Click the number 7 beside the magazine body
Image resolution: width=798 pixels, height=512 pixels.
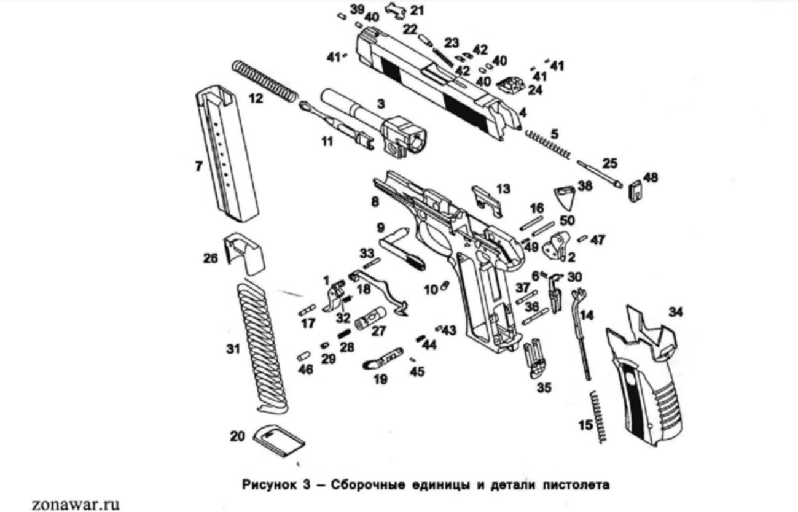click(198, 166)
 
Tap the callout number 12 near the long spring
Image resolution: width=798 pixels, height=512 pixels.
click(256, 98)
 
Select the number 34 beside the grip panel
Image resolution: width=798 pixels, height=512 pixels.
click(675, 312)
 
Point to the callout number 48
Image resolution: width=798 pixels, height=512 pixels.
click(650, 177)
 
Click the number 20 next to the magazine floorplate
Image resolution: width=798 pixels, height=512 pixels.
click(237, 436)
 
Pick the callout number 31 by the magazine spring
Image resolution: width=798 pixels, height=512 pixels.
click(232, 349)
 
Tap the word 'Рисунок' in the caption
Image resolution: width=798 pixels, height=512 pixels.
click(262, 484)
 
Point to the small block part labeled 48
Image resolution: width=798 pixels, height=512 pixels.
click(634, 188)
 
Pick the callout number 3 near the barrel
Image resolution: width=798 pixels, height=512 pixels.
click(381, 104)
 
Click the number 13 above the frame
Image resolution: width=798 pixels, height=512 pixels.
click(503, 188)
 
